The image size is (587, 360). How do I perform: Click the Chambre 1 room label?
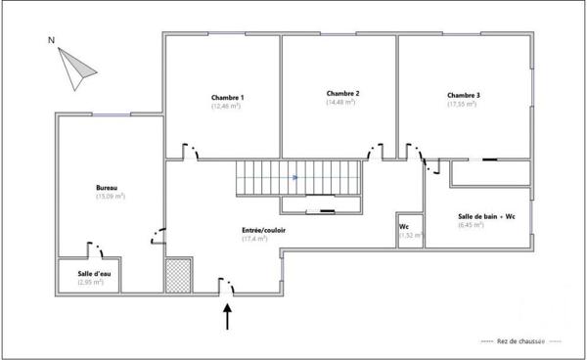[227, 98]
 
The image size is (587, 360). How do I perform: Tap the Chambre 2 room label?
[343, 94]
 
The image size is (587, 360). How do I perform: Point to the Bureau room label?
[107, 188]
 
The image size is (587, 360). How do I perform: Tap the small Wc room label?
[404, 227]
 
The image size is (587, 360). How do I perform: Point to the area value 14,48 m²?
[343, 103]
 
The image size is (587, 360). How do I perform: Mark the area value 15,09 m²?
[111, 197]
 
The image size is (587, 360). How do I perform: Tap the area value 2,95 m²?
[91, 283]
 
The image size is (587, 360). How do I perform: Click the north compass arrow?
[75, 67]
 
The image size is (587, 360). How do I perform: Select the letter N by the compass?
[51, 42]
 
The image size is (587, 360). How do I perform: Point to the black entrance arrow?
[229, 315]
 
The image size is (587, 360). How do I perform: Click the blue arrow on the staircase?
[296, 178]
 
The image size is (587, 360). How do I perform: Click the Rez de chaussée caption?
[521, 341]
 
